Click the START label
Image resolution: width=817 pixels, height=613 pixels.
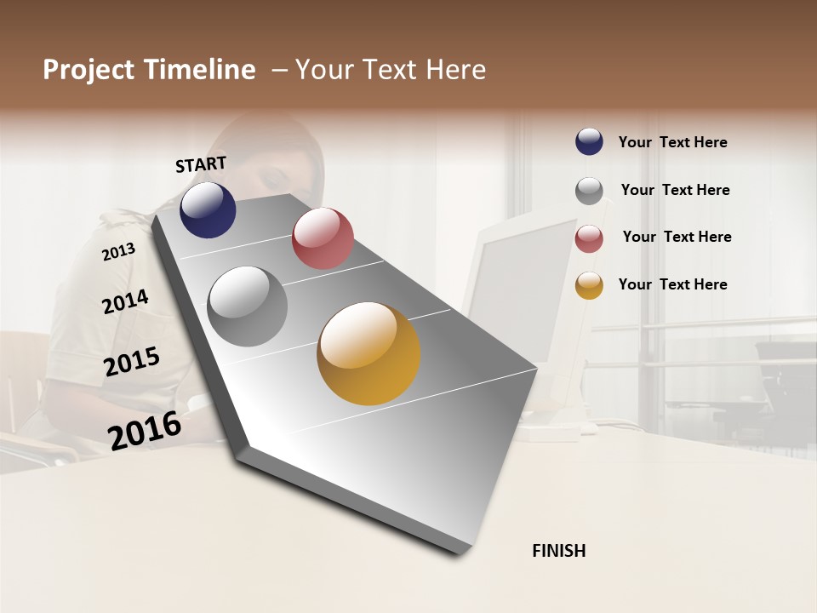(201, 164)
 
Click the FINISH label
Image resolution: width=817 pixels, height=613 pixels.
(559, 551)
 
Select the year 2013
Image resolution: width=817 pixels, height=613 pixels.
(118, 251)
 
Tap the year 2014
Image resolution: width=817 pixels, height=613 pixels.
(125, 302)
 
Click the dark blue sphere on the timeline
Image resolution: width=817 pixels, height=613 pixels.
(208, 209)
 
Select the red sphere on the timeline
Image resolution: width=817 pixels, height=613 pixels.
(323, 238)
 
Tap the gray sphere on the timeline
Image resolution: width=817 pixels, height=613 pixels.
(248, 306)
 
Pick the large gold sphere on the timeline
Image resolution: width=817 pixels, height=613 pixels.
(369, 353)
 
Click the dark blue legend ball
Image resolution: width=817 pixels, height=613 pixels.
(589, 141)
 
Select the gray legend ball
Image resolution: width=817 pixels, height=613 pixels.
(589, 190)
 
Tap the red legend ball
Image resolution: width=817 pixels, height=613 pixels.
(589, 238)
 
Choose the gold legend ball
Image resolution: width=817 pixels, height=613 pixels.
(589, 285)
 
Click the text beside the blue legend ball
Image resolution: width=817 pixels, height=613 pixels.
(672, 142)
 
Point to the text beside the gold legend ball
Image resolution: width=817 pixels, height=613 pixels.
(672, 284)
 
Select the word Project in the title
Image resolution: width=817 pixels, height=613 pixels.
(89, 70)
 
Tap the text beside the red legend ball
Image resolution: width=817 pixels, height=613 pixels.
(677, 237)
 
